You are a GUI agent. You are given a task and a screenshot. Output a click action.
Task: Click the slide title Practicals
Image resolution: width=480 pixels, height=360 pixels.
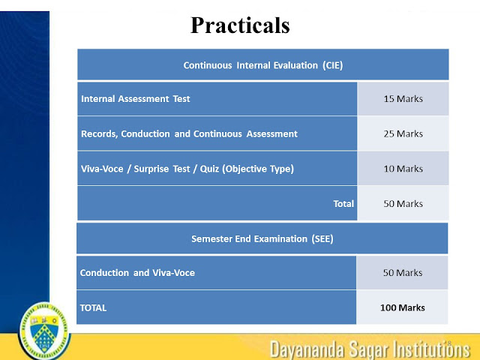click(239, 25)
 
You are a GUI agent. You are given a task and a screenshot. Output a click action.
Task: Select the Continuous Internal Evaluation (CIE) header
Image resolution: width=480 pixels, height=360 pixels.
click(262, 65)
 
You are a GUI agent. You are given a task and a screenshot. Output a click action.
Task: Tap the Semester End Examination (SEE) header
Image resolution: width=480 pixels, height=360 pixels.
click(262, 239)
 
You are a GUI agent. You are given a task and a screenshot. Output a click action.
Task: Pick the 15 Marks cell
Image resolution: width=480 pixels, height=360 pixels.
click(403, 99)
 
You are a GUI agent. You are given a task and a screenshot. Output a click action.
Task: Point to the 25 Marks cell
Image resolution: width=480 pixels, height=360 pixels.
click(403, 133)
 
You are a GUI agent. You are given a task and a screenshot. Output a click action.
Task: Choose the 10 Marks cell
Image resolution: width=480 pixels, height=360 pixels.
click(403, 169)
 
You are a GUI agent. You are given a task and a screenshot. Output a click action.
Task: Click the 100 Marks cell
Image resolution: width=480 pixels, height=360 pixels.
click(403, 307)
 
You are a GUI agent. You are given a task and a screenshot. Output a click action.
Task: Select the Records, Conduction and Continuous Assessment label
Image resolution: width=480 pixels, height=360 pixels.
click(189, 133)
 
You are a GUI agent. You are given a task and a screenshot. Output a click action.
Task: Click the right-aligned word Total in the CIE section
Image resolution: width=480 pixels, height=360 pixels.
click(343, 203)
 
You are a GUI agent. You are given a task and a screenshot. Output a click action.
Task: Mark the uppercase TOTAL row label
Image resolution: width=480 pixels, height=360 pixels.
click(94, 307)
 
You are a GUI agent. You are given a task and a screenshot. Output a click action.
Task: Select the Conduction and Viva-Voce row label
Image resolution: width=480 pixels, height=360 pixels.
click(137, 273)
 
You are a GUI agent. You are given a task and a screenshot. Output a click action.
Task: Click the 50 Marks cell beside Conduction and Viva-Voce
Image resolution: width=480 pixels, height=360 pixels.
click(403, 273)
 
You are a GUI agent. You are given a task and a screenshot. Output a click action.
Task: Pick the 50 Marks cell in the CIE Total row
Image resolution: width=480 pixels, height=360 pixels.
click(403, 203)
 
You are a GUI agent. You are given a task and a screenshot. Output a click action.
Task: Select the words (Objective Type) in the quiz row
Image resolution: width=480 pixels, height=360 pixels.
click(257, 169)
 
